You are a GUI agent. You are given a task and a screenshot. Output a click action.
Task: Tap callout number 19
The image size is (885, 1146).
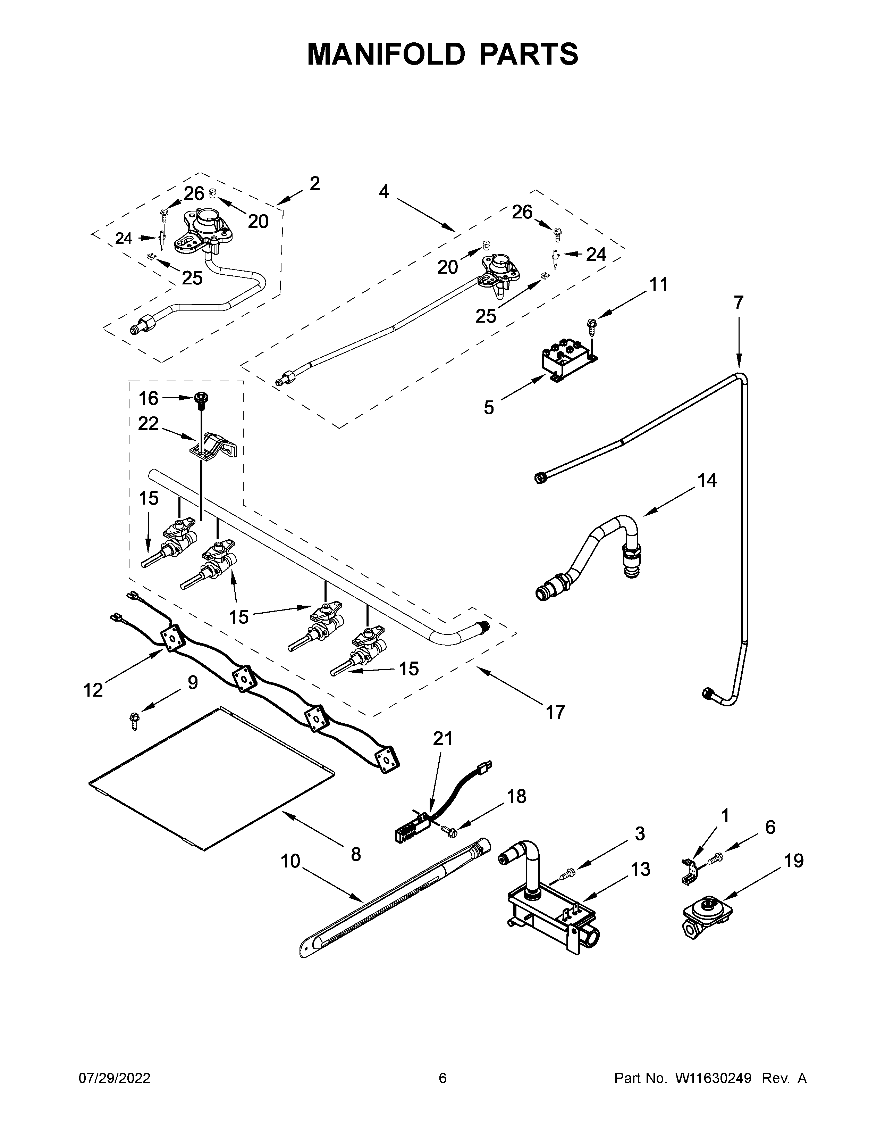coord(794,861)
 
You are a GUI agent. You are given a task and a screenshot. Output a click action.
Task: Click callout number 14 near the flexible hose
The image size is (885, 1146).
coord(707,481)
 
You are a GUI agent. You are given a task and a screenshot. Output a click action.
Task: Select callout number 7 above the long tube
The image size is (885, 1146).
coord(738,303)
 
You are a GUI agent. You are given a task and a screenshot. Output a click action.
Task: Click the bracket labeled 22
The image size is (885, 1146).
coord(215,446)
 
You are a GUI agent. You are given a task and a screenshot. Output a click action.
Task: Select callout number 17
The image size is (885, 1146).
coord(555,712)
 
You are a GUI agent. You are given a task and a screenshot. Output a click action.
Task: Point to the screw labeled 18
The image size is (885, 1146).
coord(448,829)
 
